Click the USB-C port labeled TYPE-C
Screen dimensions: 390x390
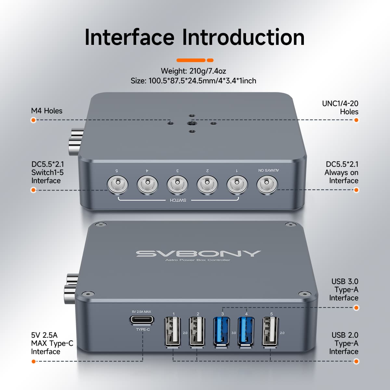[x=142, y=320]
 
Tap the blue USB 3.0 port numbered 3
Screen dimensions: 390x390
[x=222, y=331]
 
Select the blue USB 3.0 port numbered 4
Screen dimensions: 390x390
[x=246, y=331]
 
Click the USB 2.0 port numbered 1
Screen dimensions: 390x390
[x=173, y=331]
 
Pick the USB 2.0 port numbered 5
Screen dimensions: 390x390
[x=270, y=331]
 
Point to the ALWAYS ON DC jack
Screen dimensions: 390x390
[x=267, y=185]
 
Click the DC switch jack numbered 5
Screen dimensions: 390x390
[x=117, y=185]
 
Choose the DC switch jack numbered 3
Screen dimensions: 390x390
[x=177, y=185]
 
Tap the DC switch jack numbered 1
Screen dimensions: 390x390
[x=237, y=185]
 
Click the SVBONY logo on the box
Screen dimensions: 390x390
[x=198, y=253]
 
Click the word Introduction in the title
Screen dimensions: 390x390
[x=243, y=37]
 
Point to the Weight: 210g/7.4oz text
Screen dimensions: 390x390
[x=193, y=71]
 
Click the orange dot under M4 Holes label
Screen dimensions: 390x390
[x=33, y=120]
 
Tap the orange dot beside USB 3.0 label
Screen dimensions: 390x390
[x=356, y=307]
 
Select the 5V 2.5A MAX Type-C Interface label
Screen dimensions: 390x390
[x=52, y=343]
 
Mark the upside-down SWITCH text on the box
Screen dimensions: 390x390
[x=178, y=200]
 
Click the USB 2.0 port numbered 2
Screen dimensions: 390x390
[x=197, y=331]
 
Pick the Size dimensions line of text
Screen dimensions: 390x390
[x=193, y=81]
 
